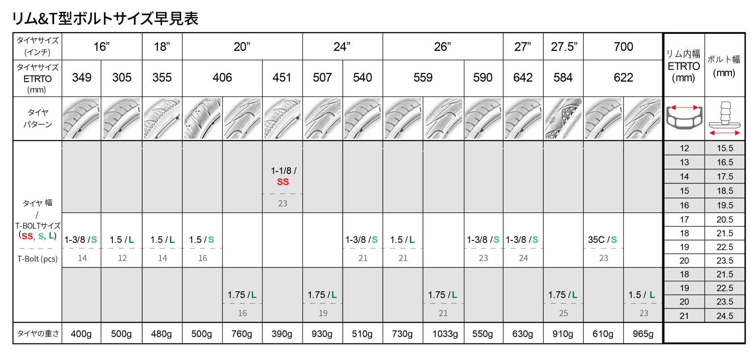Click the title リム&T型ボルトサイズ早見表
(x=105, y=19)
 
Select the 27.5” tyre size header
(x=564, y=47)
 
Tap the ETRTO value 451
(x=282, y=78)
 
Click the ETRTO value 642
(x=523, y=78)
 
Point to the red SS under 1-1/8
(x=283, y=182)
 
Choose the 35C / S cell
(x=602, y=240)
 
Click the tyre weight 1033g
(x=445, y=334)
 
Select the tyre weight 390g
(x=282, y=334)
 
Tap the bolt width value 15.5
(x=725, y=148)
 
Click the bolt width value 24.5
(x=725, y=316)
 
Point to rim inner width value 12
(x=685, y=148)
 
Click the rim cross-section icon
(x=683, y=118)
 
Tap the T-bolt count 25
(x=564, y=313)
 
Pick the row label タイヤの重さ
(x=37, y=334)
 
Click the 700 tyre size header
(x=623, y=47)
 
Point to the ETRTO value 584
(x=563, y=78)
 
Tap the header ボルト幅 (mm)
(x=724, y=66)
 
